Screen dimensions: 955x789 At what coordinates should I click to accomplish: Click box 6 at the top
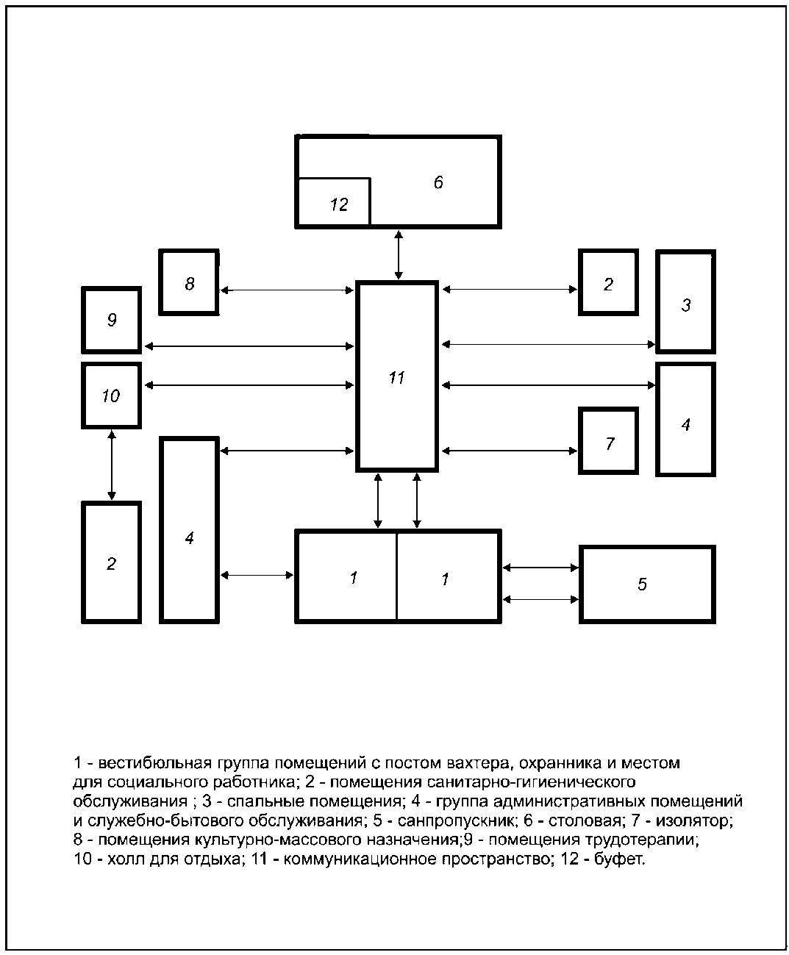click(438, 182)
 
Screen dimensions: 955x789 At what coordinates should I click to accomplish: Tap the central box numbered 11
click(397, 376)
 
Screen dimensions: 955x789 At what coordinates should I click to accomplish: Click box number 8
click(189, 283)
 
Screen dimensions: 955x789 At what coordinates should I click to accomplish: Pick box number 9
click(111, 320)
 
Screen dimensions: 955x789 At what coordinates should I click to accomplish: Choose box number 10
click(111, 396)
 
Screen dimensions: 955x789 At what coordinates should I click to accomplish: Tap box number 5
click(647, 584)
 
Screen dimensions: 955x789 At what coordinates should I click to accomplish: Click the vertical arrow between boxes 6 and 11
click(399, 254)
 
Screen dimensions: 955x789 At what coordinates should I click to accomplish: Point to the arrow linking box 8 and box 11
click(287, 290)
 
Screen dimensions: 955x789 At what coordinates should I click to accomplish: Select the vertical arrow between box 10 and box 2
click(112, 465)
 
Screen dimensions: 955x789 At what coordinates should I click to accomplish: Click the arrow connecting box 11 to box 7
click(510, 451)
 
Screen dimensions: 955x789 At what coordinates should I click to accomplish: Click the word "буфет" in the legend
click(624, 859)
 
